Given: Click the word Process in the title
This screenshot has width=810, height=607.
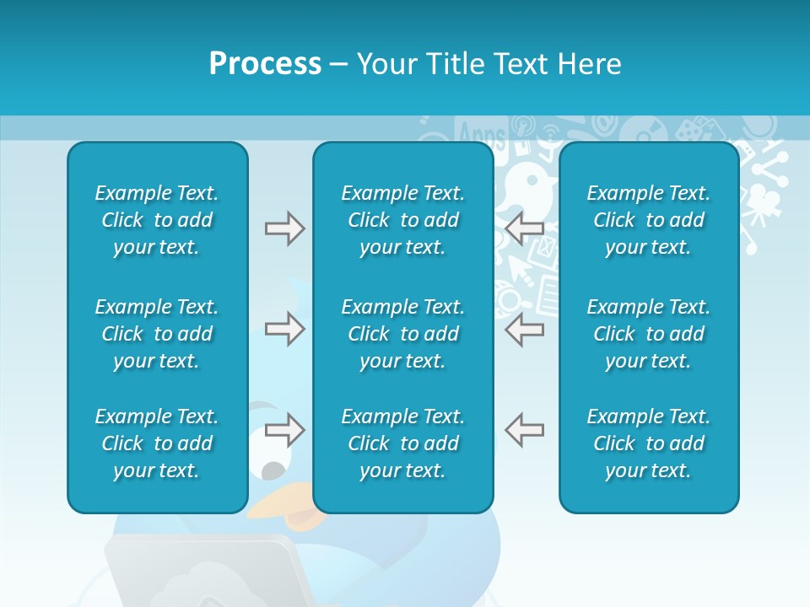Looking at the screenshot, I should point(265,64).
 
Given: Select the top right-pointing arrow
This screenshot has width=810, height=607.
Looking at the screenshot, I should point(284,228).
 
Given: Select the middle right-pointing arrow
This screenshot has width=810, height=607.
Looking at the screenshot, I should point(284,329).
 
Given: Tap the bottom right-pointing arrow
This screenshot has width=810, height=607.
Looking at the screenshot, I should point(284,430).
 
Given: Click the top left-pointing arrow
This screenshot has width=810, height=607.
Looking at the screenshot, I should point(524,228).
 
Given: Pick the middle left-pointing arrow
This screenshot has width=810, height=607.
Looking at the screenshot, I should point(524,329).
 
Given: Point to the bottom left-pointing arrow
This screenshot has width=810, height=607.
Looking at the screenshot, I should point(524,430).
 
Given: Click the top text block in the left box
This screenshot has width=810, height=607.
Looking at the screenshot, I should point(157,220).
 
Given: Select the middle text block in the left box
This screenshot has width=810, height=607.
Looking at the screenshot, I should point(157,334).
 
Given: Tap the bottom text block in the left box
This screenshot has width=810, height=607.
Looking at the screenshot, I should point(157,443).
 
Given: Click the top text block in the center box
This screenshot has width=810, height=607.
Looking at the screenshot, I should point(402,220).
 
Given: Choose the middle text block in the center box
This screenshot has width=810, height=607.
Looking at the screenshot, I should point(402,334).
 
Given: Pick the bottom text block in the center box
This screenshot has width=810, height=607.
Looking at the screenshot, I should point(402,443).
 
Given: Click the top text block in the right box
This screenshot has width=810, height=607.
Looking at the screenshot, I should point(648,220).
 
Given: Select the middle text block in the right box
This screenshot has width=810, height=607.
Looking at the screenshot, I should point(648,334).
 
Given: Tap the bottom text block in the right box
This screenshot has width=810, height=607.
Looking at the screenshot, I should point(648,443).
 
